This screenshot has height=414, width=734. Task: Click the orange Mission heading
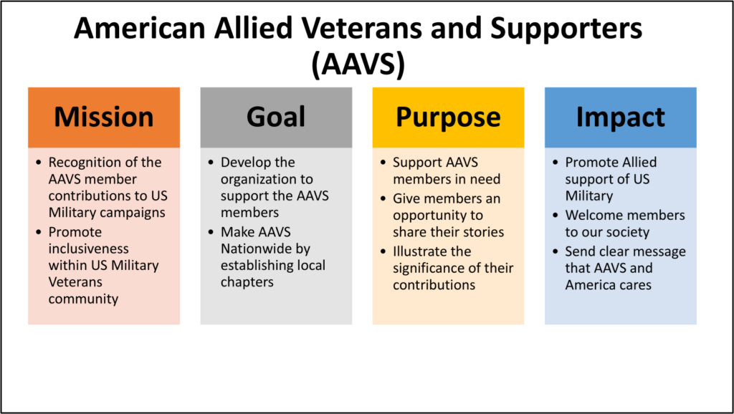point(104,117)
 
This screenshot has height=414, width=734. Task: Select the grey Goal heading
point(276,117)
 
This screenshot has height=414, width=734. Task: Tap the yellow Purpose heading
point(448,117)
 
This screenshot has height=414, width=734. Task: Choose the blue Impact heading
point(620,117)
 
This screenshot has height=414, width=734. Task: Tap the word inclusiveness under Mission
point(89,249)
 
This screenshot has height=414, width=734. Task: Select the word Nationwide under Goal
point(254,249)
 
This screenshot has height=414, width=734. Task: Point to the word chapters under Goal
point(247,282)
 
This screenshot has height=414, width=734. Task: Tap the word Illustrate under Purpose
point(432,251)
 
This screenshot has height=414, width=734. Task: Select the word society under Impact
point(629,232)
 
